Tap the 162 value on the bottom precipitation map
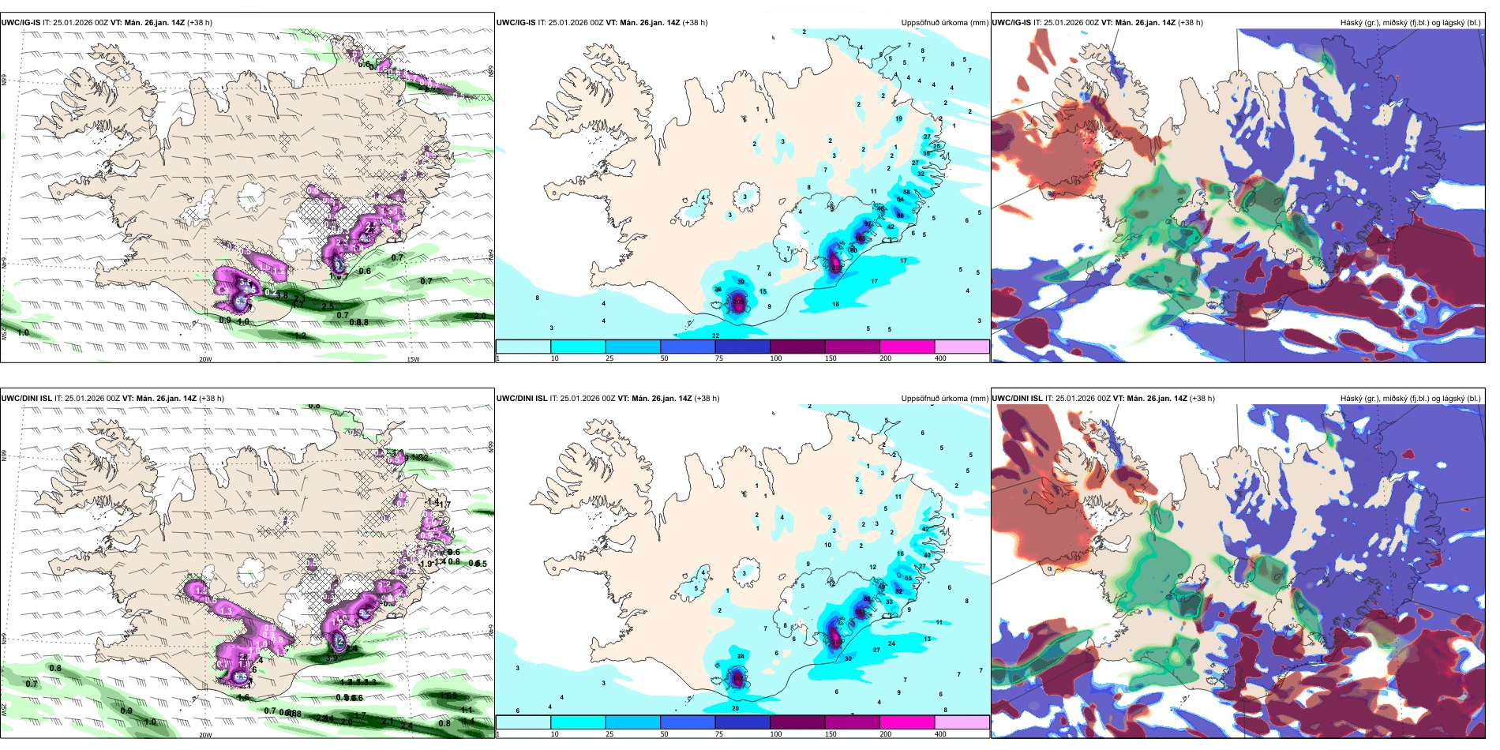(x=737, y=679)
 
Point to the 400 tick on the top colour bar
(x=940, y=358)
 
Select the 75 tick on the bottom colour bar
(x=719, y=734)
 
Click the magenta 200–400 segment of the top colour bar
(x=907, y=347)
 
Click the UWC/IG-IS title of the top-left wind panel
(x=21, y=23)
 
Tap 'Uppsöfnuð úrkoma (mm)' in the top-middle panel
(x=945, y=23)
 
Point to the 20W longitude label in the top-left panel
(x=205, y=359)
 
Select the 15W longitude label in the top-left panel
(x=413, y=359)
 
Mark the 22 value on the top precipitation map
(x=715, y=336)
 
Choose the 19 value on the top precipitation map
(x=898, y=119)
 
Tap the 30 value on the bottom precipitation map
(x=848, y=658)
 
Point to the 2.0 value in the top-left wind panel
(x=479, y=316)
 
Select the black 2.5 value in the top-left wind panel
(x=328, y=306)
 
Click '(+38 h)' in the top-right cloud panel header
(x=1190, y=23)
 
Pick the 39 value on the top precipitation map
(x=741, y=282)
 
